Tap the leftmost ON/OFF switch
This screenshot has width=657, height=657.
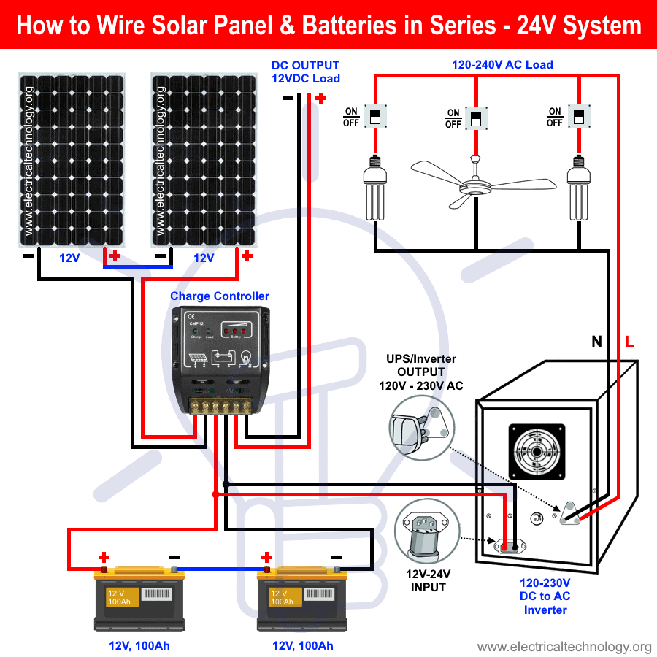click(x=374, y=116)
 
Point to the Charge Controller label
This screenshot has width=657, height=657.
click(x=219, y=296)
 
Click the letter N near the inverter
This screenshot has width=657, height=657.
click(x=596, y=341)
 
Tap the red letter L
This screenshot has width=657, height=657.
click(x=629, y=341)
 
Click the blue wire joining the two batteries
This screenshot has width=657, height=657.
click(x=219, y=569)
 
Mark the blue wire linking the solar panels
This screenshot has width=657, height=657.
click(x=137, y=267)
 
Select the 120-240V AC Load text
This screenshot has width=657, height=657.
click(x=502, y=65)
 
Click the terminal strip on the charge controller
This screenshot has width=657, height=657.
click(x=222, y=407)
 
